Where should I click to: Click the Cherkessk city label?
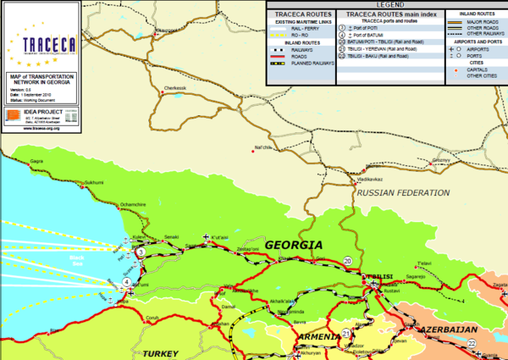175,87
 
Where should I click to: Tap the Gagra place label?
36,161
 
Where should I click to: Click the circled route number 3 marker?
140,253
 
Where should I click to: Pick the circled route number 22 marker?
472,342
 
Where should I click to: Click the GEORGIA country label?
294,245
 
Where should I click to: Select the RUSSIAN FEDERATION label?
403,193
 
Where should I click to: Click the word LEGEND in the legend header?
386,5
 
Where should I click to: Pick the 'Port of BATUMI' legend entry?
367,35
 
